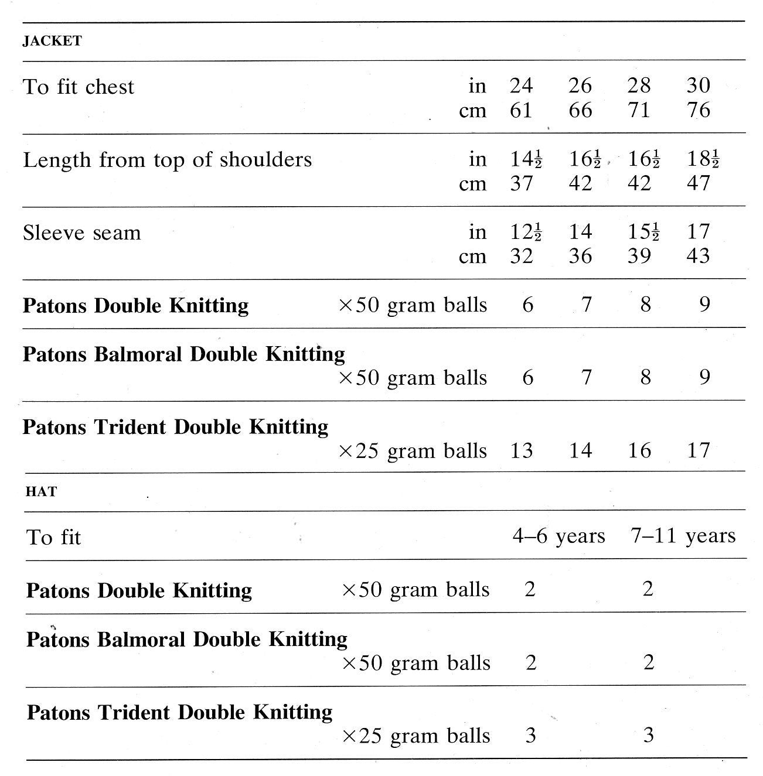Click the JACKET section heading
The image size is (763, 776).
coord(52,41)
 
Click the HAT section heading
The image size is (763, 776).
coord(41,492)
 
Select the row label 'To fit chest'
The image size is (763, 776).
coord(79,87)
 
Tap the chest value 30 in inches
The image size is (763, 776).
coord(698,86)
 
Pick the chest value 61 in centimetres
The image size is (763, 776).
coord(521,110)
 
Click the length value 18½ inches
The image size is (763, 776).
coord(703,159)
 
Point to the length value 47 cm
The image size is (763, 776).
coord(698,183)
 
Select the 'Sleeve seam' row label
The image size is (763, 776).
coord(82,233)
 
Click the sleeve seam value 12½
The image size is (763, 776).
coord(526,232)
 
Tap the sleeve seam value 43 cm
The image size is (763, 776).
coord(698,256)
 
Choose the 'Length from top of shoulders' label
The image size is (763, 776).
coord(167,160)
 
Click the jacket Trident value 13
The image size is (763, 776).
coord(521,450)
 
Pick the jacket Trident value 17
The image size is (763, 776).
coord(698,450)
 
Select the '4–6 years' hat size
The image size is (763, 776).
coord(558,536)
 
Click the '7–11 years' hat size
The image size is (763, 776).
coord(683,536)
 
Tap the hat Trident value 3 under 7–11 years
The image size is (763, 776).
coord(648,735)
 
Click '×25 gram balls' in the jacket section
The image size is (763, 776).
coord(413,451)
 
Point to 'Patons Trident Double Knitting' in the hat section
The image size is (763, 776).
coord(179,713)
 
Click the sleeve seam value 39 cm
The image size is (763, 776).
coord(639,256)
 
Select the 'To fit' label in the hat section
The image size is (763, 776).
coord(53,538)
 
